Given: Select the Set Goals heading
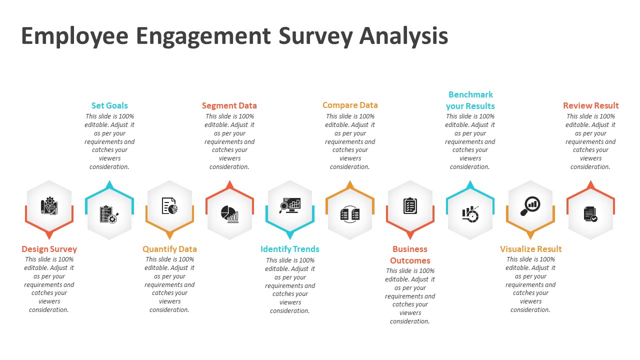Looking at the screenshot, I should tap(109, 105).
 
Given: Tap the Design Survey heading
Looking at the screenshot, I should tap(49, 249).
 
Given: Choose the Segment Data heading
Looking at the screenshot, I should tap(229, 105).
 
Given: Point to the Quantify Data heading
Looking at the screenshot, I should tap(169, 249).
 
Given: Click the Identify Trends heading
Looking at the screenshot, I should tap(290, 249).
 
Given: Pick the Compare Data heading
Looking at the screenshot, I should tap(350, 105).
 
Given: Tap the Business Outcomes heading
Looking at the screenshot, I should tap(410, 254).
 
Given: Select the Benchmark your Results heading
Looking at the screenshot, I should tap(470, 100).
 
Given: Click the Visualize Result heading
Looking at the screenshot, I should tap(530, 249).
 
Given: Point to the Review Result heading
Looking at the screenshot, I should tap(590, 105).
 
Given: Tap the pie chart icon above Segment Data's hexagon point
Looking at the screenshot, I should tap(229, 213).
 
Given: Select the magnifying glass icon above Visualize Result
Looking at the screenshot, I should tap(530, 205).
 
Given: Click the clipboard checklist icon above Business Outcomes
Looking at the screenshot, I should tap(410, 205).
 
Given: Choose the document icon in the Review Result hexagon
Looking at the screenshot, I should tap(590, 214).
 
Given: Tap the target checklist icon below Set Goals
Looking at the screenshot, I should tap(109, 214).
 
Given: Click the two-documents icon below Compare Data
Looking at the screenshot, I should tap(350, 214).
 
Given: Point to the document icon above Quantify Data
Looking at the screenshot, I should tap(169, 205).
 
